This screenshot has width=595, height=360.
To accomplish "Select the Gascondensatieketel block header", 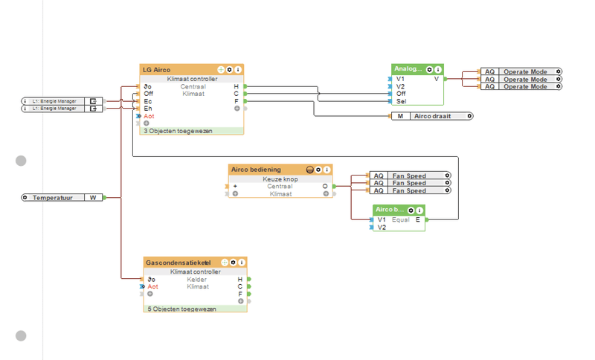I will pos(178,263).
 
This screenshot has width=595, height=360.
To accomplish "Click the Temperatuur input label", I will pos(57,198).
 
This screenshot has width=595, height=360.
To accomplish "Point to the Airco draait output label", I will pos(432,116).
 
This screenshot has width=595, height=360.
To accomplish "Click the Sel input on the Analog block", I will pos(401,100).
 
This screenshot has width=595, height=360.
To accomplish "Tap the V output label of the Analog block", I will pos(436,78).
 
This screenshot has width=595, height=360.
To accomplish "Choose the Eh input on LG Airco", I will pos(148,109).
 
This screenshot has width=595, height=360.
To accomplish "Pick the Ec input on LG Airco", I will pos(148,101).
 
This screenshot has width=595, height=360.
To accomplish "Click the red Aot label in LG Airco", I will pos(149,116).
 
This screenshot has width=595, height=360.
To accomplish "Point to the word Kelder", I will pos(197,280).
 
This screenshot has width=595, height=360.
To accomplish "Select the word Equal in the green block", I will pos(401,219).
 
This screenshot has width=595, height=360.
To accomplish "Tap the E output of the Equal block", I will pos(417,219).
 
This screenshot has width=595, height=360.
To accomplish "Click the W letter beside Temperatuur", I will pos(93,198).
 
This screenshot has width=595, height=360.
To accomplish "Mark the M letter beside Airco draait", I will pos(400,116).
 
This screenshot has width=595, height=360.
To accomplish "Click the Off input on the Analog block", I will pos(401,93).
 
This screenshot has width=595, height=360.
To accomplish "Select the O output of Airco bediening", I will pos(324,186).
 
